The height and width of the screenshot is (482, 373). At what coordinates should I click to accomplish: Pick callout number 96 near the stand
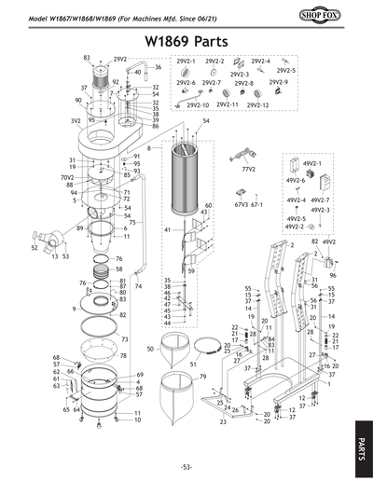(x=332, y=277)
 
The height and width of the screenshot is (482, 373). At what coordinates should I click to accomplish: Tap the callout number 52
(x=35, y=248)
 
